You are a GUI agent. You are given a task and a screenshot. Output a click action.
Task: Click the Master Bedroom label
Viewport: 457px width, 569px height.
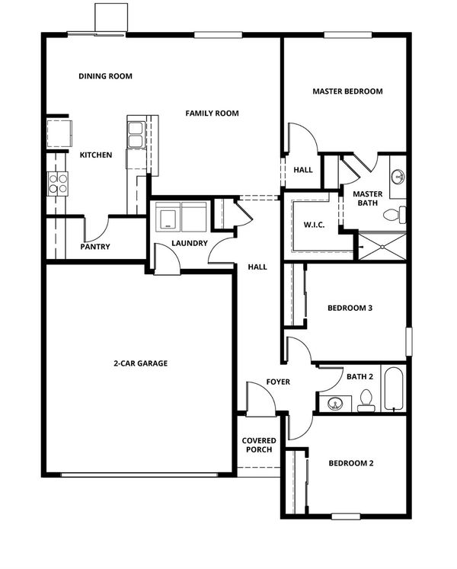pyautogui.click(x=347, y=91)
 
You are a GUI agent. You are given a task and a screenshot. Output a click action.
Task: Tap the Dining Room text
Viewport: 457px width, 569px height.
pyautogui.click(x=105, y=76)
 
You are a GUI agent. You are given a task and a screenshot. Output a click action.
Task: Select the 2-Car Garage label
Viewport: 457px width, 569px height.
pyautogui.click(x=140, y=363)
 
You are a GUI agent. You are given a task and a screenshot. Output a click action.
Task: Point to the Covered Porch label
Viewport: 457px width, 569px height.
pyautogui.click(x=259, y=445)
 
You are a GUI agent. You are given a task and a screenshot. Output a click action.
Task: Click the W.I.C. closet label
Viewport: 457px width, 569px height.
pyautogui.click(x=314, y=225)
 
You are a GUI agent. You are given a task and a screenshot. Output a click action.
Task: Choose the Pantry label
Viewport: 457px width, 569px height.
pyautogui.click(x=95, y=247)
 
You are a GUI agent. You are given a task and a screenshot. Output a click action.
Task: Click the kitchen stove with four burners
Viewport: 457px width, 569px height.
pyautogui.click(x=58, y=184)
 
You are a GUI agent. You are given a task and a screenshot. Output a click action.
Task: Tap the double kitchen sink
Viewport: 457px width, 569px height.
pyautogui.click(x=136, y=135)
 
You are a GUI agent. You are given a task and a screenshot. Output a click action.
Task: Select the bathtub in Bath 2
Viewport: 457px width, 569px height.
pyautogui.click(x=394, y=389)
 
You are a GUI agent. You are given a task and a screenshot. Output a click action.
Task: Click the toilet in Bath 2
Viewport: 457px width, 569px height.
pyautogui.click(x=366, y=401)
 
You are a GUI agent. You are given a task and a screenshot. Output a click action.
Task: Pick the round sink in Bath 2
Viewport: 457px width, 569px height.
pyautogui.click(x=335, y=403)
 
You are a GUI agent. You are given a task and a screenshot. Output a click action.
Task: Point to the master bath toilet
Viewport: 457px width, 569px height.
pyautogui.click(x=395, y=215)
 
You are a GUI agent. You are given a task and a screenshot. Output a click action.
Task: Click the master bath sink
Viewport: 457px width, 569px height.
pyautogui.click(x=398, y=177)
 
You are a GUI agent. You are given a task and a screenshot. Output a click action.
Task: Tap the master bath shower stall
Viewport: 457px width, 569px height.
pyautogui.click(x=382, y=247)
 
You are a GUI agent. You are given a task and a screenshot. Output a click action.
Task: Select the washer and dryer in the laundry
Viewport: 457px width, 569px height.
pyautogui.click(x=181, y=216)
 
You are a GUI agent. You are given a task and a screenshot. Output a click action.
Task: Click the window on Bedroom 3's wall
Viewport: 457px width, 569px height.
pyautogui.click(x=409, y=341)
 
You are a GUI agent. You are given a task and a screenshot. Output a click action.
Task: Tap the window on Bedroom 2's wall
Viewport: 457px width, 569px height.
pyautogui.click(x=346, y=516)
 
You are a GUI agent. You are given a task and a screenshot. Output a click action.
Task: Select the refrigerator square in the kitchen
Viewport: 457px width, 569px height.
pyautogui.click(x=59, y=133)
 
